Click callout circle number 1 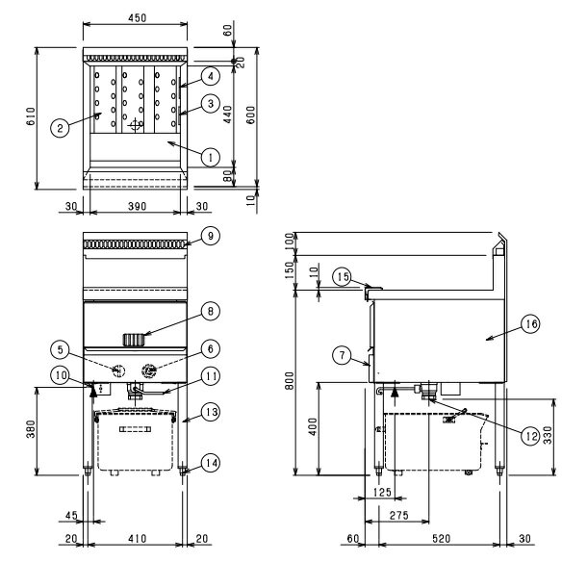(x=211, y=157)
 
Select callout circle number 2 (x=60, y=128)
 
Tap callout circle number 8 (x=211, y=311)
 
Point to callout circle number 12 (x=531, y=436)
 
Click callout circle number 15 (x=343, y=277)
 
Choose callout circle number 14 (x=211, y=463)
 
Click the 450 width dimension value (x=137, y=17)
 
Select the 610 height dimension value (x=31, y=116)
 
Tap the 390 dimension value (x=137, y=206)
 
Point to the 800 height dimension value (x=289, y=381)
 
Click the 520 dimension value (x=441, y=539)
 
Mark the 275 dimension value (x=398, y=515)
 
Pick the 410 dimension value (x=137, y=539)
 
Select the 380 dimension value (x=31, y=429)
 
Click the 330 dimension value (x=548, y=435)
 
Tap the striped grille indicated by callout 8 (x=134, y=340)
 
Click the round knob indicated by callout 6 (x=149, y=370)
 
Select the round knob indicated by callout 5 (x=118, y=370)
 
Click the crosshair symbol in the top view (x=135, y=125)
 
